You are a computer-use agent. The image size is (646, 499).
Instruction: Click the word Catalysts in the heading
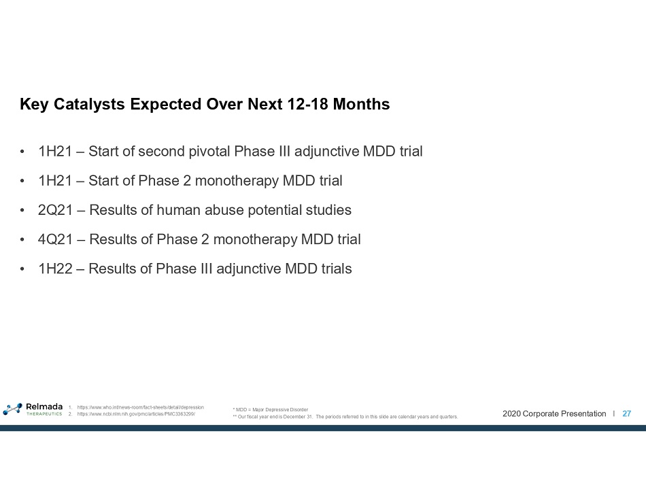click(89, 104)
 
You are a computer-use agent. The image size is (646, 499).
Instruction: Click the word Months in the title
click(361, 104)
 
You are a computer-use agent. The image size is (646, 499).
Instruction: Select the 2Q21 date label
click(55, 210)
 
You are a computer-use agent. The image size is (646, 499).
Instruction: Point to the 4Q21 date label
click(55, 239)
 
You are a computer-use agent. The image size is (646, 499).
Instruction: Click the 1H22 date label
click(55, 269)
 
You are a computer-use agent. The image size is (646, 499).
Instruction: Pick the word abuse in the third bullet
click(224, 210)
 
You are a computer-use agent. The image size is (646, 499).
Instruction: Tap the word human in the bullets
click(178, 210)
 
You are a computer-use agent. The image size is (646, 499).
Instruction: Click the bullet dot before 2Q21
click(22, 210)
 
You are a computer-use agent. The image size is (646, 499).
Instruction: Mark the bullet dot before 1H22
click(22, 269)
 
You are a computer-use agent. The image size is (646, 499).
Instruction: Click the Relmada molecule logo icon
click(12, 409)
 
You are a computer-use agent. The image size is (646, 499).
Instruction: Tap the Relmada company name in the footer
click(44, 407)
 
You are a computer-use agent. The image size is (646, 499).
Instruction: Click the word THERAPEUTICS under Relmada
click(44, 414)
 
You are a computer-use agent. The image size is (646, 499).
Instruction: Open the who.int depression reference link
click(141, 407)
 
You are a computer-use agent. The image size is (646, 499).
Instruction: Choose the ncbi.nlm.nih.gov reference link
click(136, 414)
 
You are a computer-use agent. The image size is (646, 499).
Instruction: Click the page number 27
click(627, 414)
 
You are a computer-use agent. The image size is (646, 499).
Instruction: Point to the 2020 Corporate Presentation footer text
click(554, 414)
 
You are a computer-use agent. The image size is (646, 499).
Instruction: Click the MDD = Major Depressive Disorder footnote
click(270, 409)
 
